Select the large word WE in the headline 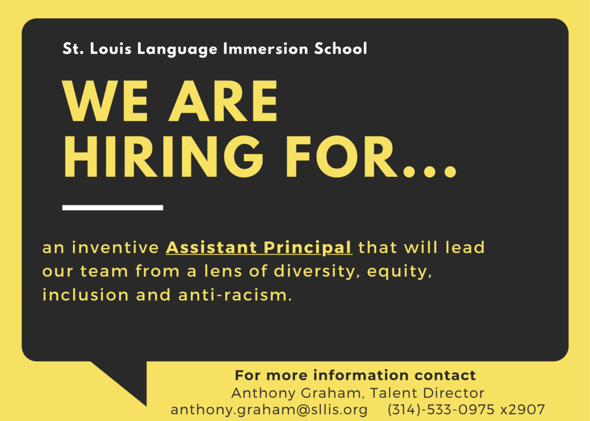(105, 101)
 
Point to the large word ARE (223, 101)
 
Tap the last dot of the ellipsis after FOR (449, 171)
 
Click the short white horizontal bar (112, 208)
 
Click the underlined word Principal (308, 248)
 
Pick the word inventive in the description (115, 248)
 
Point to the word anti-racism (235, 295)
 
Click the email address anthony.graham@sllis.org (269, 409)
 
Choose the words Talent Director (427, 393)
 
